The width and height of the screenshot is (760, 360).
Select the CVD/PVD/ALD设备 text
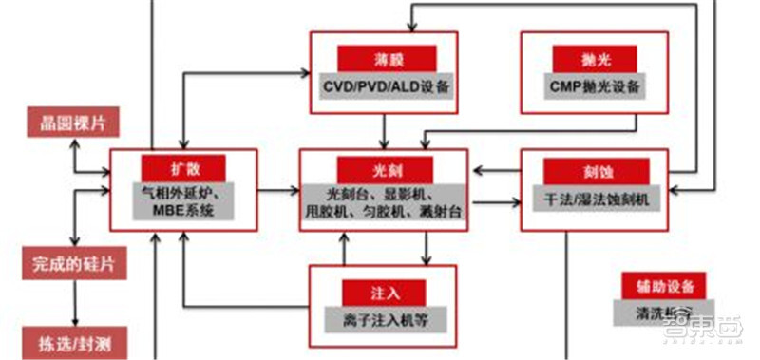tap(385, 85)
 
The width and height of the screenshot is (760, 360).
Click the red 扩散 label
tap(184, 167)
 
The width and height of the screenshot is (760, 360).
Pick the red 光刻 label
tap(383, 167)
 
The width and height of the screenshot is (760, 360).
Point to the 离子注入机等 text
tap(384, 319)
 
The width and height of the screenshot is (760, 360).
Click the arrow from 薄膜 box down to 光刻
tap(383, 131)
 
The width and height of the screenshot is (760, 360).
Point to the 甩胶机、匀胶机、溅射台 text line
tap(384, 212)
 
